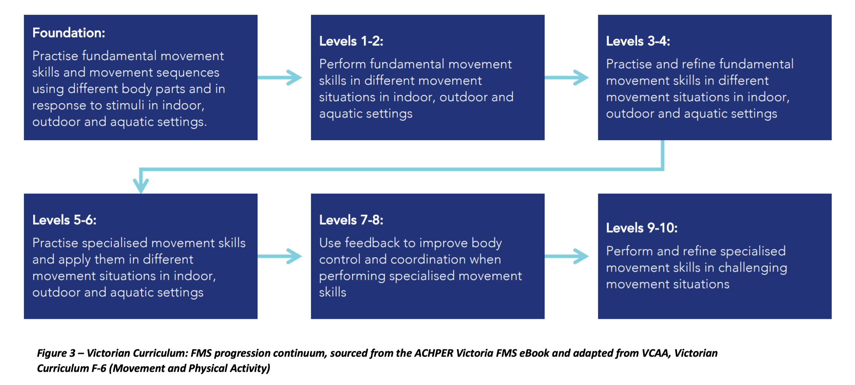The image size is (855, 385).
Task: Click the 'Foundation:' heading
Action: click(69, 33)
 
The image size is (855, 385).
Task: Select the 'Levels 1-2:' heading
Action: click(351, 41)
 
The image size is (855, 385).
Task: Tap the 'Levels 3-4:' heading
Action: click(638, 41)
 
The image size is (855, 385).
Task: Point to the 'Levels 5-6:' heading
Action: click(64, 220)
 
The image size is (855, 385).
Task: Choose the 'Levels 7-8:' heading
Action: click(351, 220)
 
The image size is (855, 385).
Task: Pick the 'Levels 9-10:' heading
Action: click(642, 228)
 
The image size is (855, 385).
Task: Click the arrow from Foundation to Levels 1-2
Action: click(279, 77)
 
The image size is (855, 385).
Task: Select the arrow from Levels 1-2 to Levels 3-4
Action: click(566, 77)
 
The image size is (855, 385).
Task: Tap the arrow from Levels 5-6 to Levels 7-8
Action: click(279, 256)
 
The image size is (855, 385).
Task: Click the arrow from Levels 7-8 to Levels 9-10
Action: click(566, 256)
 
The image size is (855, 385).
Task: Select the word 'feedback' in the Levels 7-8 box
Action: click(372, 243)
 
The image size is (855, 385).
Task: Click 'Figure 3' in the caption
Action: click(56, 353)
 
